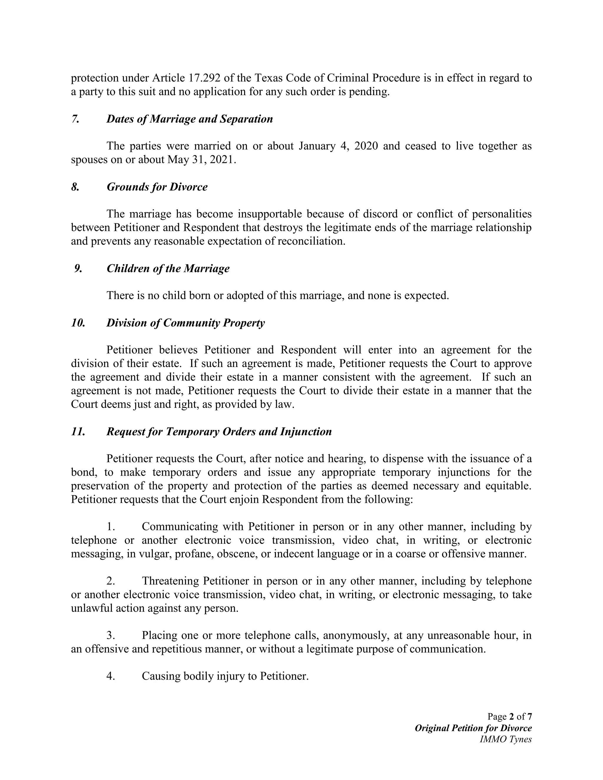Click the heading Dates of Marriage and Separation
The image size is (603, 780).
click(189, 119)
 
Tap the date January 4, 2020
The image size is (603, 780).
click(338, 146)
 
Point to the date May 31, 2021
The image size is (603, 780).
click(201, 160)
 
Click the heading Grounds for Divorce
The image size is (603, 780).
click(157, 187)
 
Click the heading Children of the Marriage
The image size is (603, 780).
click(168, 268)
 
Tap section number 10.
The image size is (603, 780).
click(78, 323)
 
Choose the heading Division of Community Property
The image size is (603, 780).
click(185, 323)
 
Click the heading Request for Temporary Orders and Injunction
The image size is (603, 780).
click(219, 432)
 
